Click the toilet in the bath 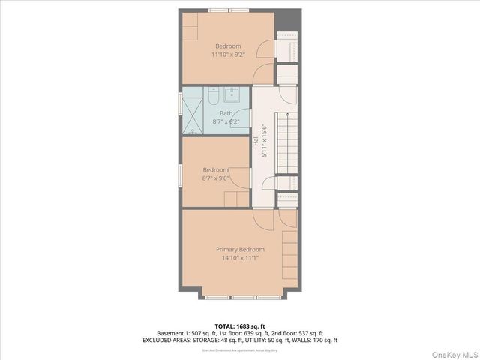click(212, 97)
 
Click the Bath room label click(226, 113)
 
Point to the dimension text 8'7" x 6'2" click(226, 121)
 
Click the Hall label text click(256, 141)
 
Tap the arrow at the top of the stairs click(286, 115)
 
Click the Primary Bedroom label click(240, 250)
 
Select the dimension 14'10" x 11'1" click(240, 258)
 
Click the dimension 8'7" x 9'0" click(215, 178)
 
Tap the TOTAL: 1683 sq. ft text click(240, 325)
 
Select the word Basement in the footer click(172, 333)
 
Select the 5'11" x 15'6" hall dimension click(264, 141)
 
